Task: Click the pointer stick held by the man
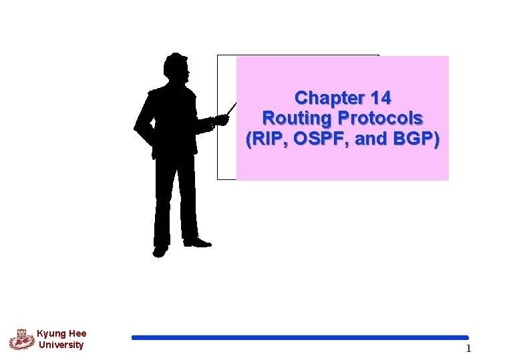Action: pos(231,109)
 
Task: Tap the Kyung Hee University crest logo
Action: pos(21,340)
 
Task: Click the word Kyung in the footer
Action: pos(50,334)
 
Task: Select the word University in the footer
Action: pos(61,345)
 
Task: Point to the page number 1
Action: pos(468,348)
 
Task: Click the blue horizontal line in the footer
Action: pos(300,338)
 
